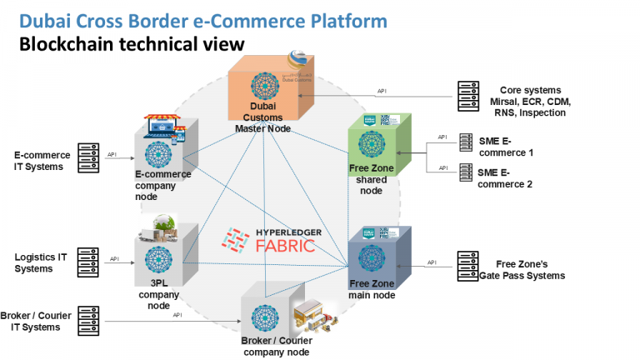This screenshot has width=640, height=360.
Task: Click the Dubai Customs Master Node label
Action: tap(264, 117)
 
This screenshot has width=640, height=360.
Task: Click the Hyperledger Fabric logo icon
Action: tap(234, 239)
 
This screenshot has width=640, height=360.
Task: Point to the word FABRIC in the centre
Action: tap(285, 245)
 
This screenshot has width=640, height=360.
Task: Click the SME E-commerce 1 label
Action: tap(506, 147)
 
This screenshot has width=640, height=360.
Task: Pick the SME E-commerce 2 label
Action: tap(506, 178)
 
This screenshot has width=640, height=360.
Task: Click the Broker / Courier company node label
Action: tap(276, 346)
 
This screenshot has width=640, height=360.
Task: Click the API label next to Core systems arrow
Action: tap(382, 90)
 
